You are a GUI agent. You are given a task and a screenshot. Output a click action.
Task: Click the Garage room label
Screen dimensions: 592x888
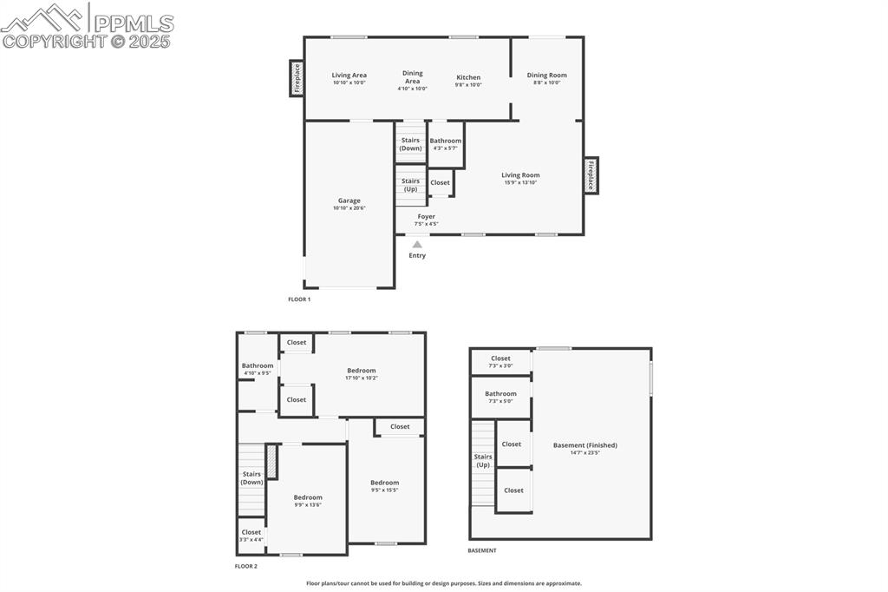pos(349,201)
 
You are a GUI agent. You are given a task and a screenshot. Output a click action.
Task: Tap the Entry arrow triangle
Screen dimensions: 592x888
pos(417,245)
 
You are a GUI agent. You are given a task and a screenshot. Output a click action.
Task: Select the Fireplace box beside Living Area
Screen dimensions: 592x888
pos(297,78)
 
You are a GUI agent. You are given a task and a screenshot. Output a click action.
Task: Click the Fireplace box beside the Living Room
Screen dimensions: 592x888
pos(591,175)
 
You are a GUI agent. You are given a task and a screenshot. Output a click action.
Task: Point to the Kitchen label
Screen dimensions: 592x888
pos(468,77)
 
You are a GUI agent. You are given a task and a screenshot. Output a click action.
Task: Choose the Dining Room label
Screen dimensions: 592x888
pos(546,75)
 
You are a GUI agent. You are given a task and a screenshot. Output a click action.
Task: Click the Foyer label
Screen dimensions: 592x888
pos(426,216)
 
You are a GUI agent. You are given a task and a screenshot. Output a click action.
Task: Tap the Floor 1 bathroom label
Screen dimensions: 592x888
pos(446,141)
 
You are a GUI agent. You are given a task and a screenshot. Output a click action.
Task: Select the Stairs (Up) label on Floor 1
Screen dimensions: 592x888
pos(410,185)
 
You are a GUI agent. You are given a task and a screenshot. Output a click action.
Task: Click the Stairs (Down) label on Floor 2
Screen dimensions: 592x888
pos(251,477)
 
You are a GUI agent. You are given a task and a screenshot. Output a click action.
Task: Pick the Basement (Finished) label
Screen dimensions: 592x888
pos(585,445)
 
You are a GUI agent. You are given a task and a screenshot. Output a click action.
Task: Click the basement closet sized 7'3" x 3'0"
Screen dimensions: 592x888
pos(500,361)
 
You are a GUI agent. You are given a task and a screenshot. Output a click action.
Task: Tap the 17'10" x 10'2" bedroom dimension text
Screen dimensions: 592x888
pos(361,378)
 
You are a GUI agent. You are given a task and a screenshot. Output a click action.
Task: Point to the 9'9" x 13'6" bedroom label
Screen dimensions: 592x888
pos(308,497)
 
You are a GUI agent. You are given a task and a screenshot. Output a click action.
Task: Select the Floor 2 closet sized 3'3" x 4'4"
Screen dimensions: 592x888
pos(251,536)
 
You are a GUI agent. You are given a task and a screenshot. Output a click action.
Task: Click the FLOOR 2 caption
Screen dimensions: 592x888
pos(246,566)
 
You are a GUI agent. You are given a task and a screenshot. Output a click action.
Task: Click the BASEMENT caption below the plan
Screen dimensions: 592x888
pos(482,550)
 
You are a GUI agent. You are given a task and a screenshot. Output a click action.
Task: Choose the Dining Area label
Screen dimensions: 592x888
pos(413,77)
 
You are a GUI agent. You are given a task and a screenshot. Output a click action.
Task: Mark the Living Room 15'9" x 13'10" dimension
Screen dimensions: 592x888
pos(520,182)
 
